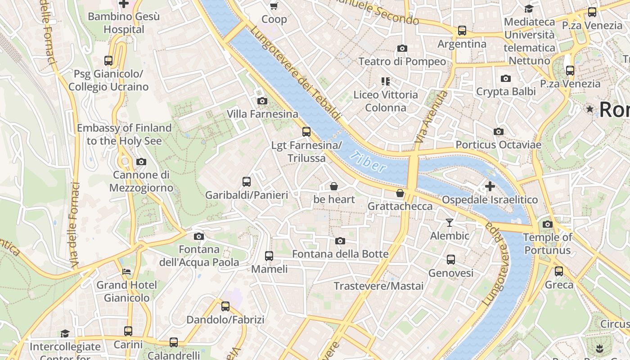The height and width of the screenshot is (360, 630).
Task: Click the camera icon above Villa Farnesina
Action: click(262, 101)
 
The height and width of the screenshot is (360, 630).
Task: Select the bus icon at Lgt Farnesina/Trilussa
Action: click(306, 132)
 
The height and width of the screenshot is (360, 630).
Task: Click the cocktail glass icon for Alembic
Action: click(449, 222)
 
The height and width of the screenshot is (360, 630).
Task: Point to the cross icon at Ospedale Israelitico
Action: click(490, 186)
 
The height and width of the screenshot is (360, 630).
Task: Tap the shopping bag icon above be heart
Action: click(334, 186)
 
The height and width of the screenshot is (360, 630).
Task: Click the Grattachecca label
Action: click(400, 206)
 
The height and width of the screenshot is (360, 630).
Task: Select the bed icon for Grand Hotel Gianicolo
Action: click(127, 272)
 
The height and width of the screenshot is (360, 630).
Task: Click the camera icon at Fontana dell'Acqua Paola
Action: click(199, 236)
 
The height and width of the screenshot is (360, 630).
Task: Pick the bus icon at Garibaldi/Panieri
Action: click(247, 182)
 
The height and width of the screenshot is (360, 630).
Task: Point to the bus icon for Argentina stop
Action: click(462, 31)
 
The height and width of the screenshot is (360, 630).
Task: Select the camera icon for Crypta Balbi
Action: click(506, 79)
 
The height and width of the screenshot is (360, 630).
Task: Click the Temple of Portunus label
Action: click(547, 243)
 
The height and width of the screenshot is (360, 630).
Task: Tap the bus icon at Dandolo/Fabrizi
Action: click(225, 306)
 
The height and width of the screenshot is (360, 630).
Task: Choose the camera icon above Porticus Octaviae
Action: click(499, 131)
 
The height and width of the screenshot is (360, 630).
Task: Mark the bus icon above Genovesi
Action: click(451, 260)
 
